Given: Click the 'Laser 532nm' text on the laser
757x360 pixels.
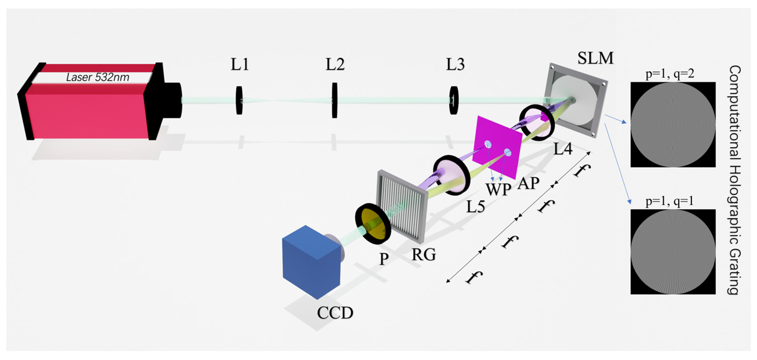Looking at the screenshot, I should (x=98, y=77).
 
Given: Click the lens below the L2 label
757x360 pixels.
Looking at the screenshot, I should (x=334, y=101).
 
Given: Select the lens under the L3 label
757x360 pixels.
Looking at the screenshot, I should (x=453, y=101).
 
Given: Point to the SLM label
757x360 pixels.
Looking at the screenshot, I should (x=595, y=58).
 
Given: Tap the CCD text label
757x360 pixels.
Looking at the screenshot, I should (x=335, y=313).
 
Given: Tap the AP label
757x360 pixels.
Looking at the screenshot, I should (x=528, y=184).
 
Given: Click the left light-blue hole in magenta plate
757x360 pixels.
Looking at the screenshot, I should (x=488, y=144).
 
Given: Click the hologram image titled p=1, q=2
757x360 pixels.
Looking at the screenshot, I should (x=673, y=125).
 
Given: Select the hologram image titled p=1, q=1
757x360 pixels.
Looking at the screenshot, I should (x=673, y=252).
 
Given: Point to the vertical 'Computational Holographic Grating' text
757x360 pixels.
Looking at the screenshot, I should (x=734, y=180).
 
